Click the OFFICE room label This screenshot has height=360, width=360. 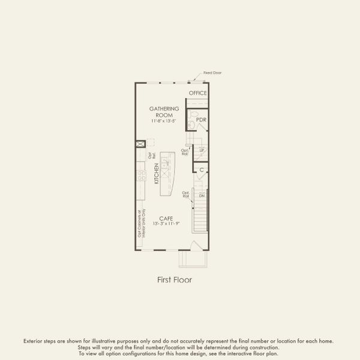pos(198,93)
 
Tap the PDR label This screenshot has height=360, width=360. pos(202,120)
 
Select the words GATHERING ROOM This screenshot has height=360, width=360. pos(164,112)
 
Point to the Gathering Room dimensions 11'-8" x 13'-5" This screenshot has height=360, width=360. pos(164,121)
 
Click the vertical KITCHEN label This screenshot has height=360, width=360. pos(156,173)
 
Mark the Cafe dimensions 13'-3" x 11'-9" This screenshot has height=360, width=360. pos(167,224)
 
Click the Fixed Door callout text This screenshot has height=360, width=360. pos(213,73)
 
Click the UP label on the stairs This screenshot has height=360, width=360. pos(202,150)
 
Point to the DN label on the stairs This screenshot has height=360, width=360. pos(202,196)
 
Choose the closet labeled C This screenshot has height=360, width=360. pos(202,170)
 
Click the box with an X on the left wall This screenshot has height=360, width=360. pos(140,144)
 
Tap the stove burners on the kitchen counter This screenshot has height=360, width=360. pos(142,175)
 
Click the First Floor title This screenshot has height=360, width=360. pos(175,280)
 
